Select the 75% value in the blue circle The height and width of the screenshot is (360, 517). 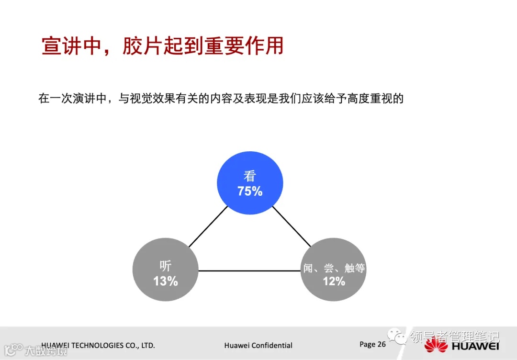[250, 191]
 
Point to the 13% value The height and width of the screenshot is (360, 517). [166, 281]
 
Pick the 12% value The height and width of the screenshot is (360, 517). [334, 281]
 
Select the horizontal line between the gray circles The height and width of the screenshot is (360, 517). [249, 271]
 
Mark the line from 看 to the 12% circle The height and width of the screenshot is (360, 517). [292, 227]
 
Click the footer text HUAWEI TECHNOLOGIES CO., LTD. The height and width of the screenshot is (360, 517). [98, 345]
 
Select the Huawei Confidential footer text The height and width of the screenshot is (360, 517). [258, 345]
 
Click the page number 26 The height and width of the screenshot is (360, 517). [381, 344]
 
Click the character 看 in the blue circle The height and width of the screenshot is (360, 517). [250, 175]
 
